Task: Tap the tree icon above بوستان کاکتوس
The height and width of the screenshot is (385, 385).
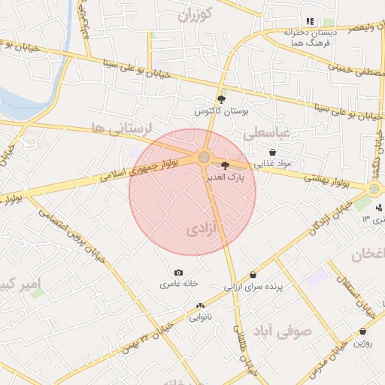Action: (221, 99)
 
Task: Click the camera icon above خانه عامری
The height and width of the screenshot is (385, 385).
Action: (178, 272)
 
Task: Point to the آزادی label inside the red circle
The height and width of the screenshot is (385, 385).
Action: (201, 227)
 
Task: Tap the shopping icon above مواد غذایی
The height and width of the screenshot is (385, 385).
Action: (271, 152)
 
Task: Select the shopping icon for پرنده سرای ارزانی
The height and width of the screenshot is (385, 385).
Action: (252, 275)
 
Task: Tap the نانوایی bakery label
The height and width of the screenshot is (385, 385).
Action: (200, 317)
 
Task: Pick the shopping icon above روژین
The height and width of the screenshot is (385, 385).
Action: (363, 332)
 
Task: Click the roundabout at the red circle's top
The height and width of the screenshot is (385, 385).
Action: (204, 156)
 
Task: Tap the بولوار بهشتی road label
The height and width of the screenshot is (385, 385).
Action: (330, 178)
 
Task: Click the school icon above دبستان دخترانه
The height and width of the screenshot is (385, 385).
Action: (309, 21)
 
